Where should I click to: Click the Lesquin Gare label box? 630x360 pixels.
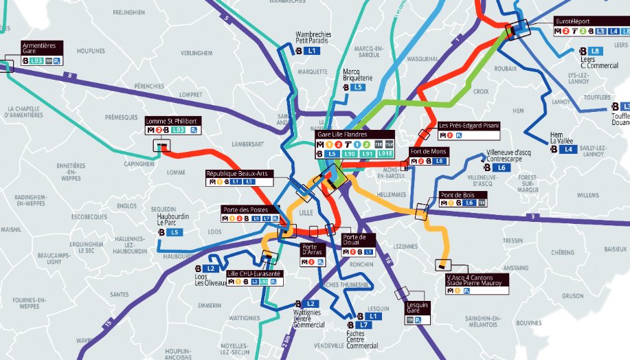point(418,307)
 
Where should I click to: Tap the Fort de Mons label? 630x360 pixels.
point(429,151)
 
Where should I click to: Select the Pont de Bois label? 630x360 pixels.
point(463,195)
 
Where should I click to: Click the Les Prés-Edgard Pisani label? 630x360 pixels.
point(468,126)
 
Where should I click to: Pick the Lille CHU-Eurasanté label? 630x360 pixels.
point(254,273)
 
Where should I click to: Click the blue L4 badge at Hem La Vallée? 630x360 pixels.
point(567,149)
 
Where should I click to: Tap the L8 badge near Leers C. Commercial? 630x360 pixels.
point(595,51)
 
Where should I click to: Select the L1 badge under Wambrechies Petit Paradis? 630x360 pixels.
point(312,51)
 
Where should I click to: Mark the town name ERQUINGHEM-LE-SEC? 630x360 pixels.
point(87,247)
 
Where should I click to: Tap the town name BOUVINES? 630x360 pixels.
point(529,322)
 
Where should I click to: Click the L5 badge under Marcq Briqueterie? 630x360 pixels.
point(357,88)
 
